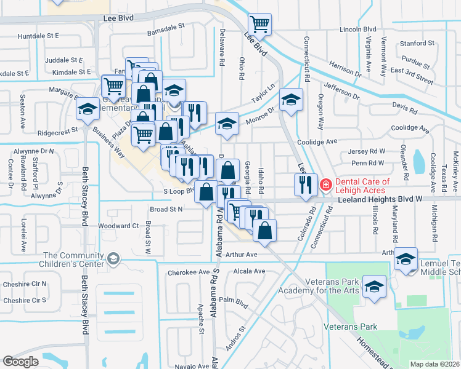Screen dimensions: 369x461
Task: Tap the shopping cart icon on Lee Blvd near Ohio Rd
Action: click(x=259, y=25)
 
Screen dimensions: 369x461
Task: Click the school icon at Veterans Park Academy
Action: click(x=374, y=287)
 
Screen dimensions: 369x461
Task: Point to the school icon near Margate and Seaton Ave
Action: click(x=88, y=109)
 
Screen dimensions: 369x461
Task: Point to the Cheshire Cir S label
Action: click(x=24, y=300)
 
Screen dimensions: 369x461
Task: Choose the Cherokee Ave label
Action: click(x=194, y=272)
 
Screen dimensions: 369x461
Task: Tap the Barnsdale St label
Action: click(x=166, y=27)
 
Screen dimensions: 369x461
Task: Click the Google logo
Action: click(x=20, y=362)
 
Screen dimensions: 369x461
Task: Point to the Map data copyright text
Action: click(x=434, y=364)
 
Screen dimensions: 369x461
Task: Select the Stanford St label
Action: click(x=417, y=44)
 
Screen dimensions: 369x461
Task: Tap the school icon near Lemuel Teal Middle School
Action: click(x=406, y=258)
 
